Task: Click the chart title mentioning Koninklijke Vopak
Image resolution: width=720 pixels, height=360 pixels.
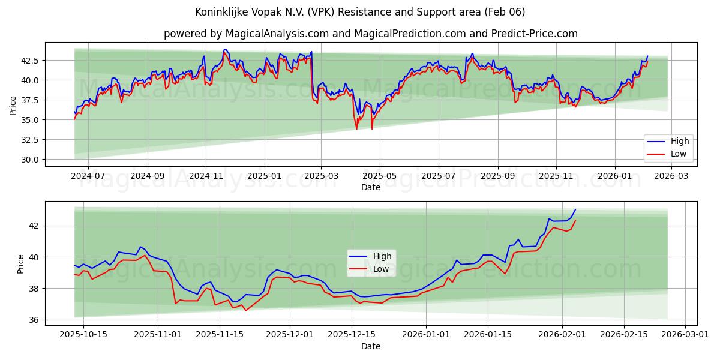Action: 360,12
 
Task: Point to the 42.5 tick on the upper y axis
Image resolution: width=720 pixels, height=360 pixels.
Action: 30,61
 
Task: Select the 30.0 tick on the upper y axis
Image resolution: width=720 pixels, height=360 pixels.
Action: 30,160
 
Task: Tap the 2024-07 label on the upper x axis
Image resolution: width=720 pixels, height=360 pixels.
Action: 88,176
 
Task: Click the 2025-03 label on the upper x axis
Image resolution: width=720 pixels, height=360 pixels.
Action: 321,176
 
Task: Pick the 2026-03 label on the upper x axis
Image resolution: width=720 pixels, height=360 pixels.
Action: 671,176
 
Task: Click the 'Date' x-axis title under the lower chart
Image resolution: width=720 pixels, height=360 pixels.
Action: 370,346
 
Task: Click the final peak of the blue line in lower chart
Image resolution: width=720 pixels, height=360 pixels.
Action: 575,209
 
